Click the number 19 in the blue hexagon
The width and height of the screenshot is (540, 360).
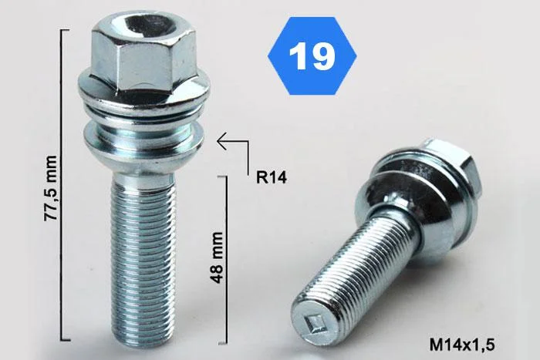click(x=312, y=56)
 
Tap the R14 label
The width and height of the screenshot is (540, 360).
click(x=272, y=177)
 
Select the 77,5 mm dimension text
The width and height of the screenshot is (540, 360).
click(x=51, y=188)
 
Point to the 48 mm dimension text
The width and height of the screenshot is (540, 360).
click(x=217, y=257)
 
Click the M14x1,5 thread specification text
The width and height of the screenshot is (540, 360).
click(x=462, y=344)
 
